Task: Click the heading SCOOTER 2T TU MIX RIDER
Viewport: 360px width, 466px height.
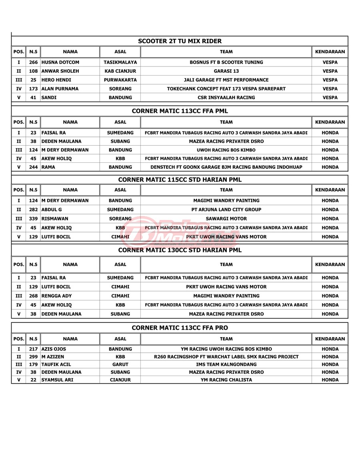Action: [180, 41]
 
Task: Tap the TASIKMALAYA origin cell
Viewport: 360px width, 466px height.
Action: [120, 62]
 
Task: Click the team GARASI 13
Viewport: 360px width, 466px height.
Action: [226, 71]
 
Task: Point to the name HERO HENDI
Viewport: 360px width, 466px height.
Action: [56, 80]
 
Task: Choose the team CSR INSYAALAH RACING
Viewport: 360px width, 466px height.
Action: [226, 98]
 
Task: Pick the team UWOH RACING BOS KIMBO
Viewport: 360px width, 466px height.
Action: [226, 150]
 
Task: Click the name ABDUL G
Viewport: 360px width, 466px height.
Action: [52, 209]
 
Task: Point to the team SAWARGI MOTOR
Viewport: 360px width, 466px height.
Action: [226, 218]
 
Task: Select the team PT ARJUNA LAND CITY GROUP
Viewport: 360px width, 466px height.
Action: [226, 209]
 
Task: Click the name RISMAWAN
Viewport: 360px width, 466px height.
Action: [55, 218]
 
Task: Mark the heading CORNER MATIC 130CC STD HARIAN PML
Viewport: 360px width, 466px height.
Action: [180, 250]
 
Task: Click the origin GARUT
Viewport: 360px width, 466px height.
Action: [120, 364]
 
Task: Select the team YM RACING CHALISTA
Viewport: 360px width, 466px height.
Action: [226, 380]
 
